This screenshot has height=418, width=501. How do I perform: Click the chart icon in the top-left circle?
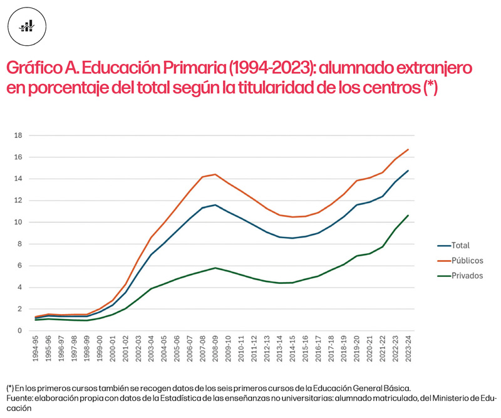click(x=27, y=26)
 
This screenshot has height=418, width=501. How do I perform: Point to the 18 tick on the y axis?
click(x=18, y=135)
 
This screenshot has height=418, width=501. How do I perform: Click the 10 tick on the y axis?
click(x=18, y=222)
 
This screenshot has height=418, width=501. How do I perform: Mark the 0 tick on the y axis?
click(x=20, y=331)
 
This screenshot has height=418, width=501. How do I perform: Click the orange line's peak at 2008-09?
click(x=215, y=174)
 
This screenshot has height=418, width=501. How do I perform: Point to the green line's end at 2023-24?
click(x=408, y=216)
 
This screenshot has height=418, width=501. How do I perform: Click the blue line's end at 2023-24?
click(x=408, y=170)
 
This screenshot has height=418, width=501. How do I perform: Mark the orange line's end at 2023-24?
click(x=408, y=149)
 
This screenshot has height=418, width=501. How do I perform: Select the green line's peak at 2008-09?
click(x=215, y=268)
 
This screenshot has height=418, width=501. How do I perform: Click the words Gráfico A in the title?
click(x=40, y=67)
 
